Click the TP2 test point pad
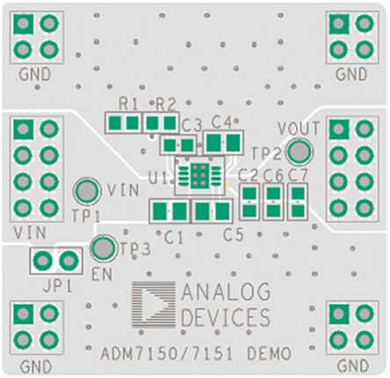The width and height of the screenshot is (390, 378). click(300, 151)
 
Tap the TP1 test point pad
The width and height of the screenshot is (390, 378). click(87, 191)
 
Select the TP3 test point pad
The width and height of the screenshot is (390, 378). click(104, 248)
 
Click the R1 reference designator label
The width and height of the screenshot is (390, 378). click(128, 104)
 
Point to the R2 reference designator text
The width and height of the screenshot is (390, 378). click(166, 104)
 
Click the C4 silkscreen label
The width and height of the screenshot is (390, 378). click(221, 121)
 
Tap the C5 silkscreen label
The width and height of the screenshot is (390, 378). click(233, 235)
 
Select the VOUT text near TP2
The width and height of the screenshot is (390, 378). click(298, 128)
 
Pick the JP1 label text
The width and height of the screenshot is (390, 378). click(57, 287)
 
